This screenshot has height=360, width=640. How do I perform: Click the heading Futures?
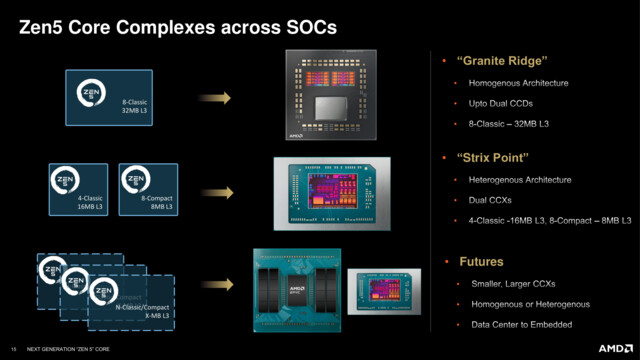pos(480,261)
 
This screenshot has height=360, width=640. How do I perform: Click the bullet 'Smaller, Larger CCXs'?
pos(510,285)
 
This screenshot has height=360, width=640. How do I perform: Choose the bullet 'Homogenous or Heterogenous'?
pos(522,305)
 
